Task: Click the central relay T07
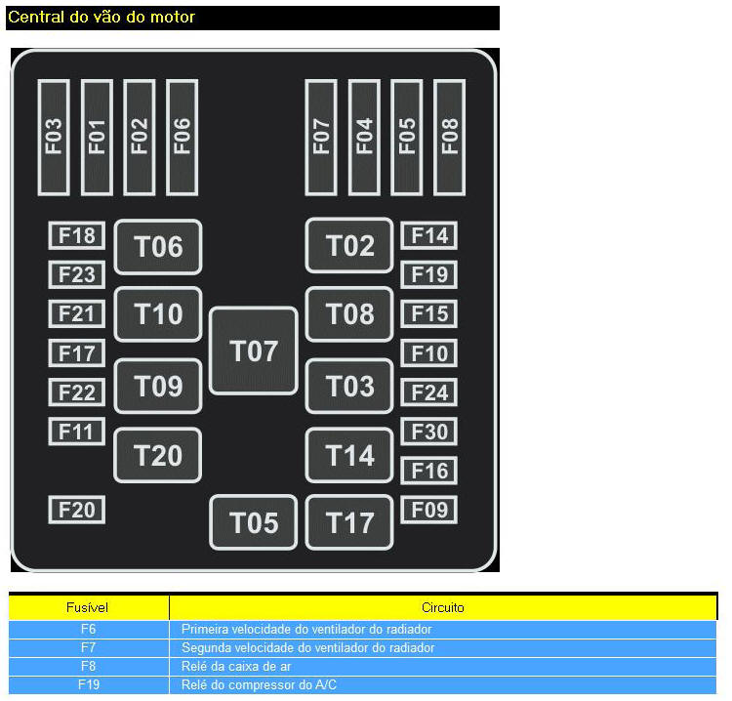[x=254, y=350]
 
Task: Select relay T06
[x=158, y=246]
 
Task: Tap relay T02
[x=349, y=245]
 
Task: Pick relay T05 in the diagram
[x=254, y=522]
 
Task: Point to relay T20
[x=158, y=455]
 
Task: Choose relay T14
[x=349, y=455]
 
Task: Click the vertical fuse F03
[x=54, y=136]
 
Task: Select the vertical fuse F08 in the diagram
[x=450, y=136]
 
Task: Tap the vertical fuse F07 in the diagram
[x=321, y=136]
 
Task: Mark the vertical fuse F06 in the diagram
[x=183, y=136]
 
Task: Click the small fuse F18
[x=77, y=235]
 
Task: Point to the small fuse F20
[x=77, y=509]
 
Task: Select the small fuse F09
[x=429, y=509]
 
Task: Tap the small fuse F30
[x=429, y=432]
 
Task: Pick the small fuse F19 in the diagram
[x=429, y=274]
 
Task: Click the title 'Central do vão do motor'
[x=102, y=17]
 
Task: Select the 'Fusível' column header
[x=88, y=607]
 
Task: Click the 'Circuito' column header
[x=443, y=607]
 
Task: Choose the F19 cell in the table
[x=88, y=684]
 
